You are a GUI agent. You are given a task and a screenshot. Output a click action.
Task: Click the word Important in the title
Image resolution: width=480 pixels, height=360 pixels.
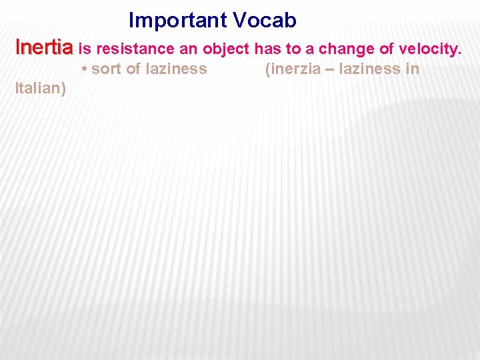(178, 21)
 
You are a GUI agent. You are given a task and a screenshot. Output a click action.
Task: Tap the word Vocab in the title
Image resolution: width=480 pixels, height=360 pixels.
(265, 21)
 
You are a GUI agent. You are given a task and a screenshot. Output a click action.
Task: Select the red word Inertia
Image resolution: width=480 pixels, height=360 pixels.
(44, 48)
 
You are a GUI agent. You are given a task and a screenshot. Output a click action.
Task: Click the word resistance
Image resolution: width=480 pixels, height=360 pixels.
(137, 49)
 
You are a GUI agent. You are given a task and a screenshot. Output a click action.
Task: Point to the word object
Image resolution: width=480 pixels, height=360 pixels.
(227, 49)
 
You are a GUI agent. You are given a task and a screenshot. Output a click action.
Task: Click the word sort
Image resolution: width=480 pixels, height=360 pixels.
(106, 69)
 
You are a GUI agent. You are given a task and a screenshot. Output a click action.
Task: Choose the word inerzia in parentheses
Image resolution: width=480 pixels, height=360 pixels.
(290, 69)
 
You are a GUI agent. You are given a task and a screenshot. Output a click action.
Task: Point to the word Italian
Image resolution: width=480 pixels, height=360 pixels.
(39, 89)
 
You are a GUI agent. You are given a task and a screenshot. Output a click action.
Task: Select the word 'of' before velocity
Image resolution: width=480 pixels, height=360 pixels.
(386, 49)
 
